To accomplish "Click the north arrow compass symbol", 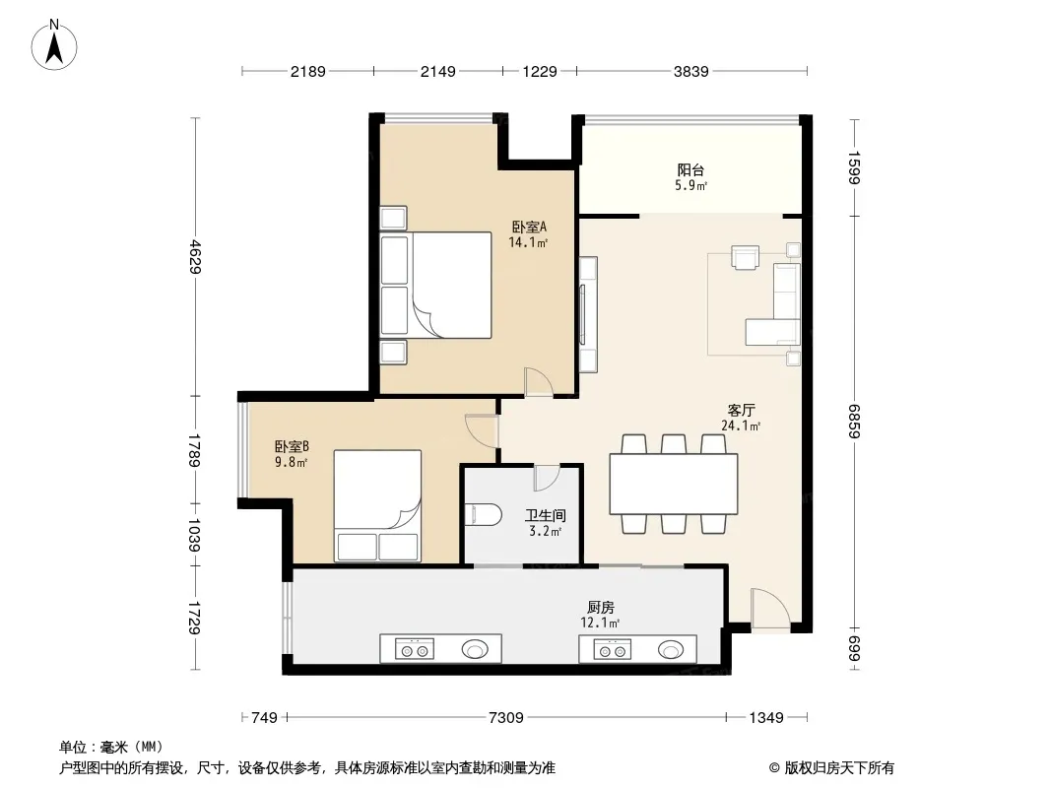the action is point(54,45).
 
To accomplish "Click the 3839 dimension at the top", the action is point(691,71).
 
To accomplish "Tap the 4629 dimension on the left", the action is point(194,256).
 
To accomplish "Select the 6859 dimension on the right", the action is point(854,422).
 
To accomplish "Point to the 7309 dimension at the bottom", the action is point(506,718).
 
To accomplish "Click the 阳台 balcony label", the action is point(690,170).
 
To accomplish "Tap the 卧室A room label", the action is point(529,227).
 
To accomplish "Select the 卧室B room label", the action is point(292,446).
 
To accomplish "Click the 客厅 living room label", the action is point(741,410).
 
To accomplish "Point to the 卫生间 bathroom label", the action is point(545,515).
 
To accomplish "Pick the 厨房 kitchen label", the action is point(600,607).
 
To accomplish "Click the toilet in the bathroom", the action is point(483,515).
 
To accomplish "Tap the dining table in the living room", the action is point(674,484).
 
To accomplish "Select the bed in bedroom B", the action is point(377,505).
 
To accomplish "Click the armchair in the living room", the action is point(746,258).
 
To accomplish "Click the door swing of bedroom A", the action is point(539,381).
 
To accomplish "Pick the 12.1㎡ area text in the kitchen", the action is point(600,624).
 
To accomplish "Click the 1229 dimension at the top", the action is point(540,71).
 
